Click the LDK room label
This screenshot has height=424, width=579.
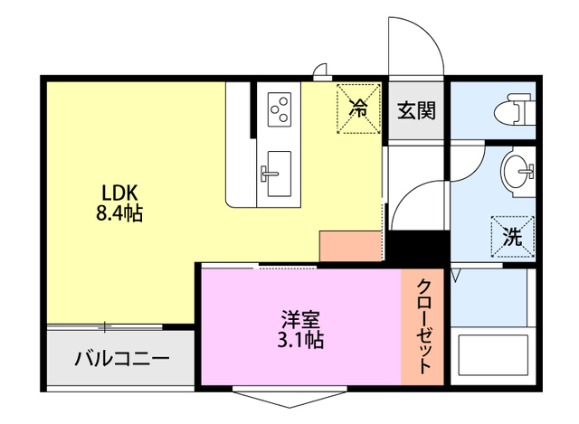point(118,192)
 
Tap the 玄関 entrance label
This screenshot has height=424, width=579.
point(417,111)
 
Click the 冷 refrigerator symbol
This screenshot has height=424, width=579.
point(359,110)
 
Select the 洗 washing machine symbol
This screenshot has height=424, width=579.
point(513,239)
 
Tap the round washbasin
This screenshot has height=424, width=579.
point(519,169)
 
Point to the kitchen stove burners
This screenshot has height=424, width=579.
point(280,109)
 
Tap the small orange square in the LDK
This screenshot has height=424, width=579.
point(350,245)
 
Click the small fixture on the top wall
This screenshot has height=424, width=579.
point(320,71)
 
